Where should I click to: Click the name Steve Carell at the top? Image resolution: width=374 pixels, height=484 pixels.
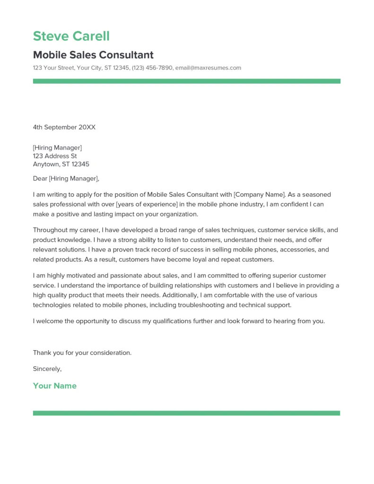71,36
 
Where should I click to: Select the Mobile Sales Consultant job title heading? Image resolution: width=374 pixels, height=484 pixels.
93,55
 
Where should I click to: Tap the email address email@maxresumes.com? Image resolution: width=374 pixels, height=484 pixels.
208,68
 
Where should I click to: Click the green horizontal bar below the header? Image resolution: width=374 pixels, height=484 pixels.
186,81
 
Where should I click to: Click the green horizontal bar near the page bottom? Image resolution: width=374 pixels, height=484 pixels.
186,413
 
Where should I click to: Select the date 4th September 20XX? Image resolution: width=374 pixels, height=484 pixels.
64,127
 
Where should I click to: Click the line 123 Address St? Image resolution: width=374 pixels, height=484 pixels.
55,156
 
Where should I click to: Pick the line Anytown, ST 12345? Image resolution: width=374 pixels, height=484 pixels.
61,164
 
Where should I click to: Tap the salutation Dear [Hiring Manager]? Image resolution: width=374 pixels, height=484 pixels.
66,179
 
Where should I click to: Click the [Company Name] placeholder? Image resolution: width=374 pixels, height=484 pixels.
260,194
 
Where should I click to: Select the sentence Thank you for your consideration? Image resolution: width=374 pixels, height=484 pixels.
82,353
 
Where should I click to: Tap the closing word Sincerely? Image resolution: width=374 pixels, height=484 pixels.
47,369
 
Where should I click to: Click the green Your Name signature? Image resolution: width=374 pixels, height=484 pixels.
54,386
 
